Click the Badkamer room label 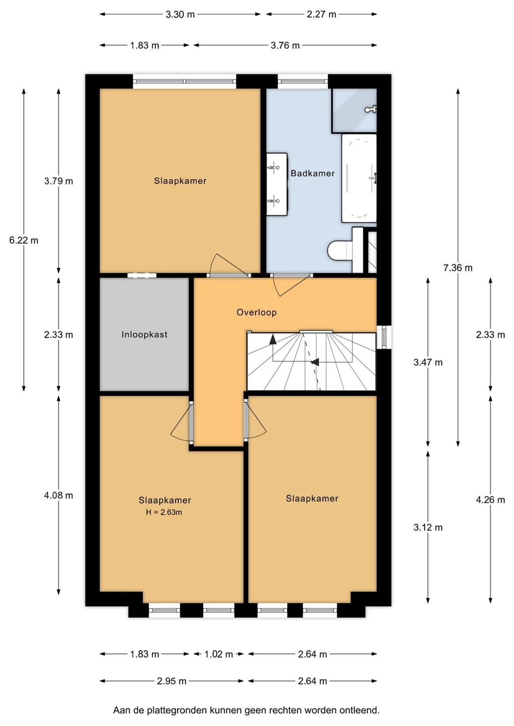coord(313,173)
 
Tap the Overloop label coord(256,312)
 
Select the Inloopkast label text coord(144,334)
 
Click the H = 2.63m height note coord(164,512)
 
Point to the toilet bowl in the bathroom coord(339,250)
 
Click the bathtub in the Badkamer coord(359,178)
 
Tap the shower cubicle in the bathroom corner coord(354,110)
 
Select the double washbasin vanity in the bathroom coord(277,184)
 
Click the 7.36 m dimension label coord(457,268)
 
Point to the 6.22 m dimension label coord(24,240)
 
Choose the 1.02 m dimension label coord(219,654)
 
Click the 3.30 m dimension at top coord(180,15)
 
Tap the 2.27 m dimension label coord(321,15)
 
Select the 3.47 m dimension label coord(428,362)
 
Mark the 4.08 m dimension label coord(59,495)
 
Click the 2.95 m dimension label coord(172,681)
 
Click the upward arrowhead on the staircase coord(273,339)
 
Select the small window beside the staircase coord(384,337)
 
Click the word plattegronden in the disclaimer coord(177,710)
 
